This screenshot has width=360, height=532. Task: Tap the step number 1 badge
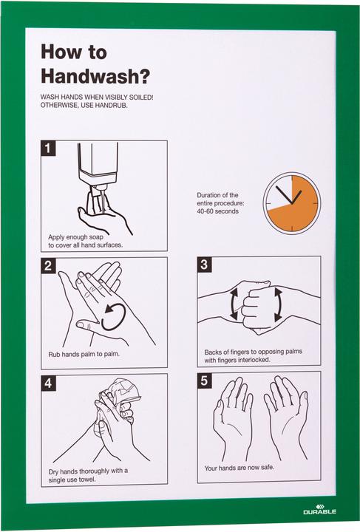click(x=49, y=149)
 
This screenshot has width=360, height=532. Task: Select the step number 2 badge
click(x=49, y=266)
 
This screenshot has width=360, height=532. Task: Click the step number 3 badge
click(x=206, y=265)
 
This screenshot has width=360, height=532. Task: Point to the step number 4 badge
click(x=49, y=383)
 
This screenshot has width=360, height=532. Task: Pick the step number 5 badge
click(x=206, y=381)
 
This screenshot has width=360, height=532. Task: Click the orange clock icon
click(x=291, y=201)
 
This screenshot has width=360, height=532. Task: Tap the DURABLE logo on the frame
click(x=319, y=511)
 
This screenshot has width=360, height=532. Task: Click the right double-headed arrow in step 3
click(x=279, y=304)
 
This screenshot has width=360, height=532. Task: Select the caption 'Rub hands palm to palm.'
click(x=84, y=354)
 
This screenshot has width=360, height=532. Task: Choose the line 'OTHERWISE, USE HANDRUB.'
click(x=85, y=106)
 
